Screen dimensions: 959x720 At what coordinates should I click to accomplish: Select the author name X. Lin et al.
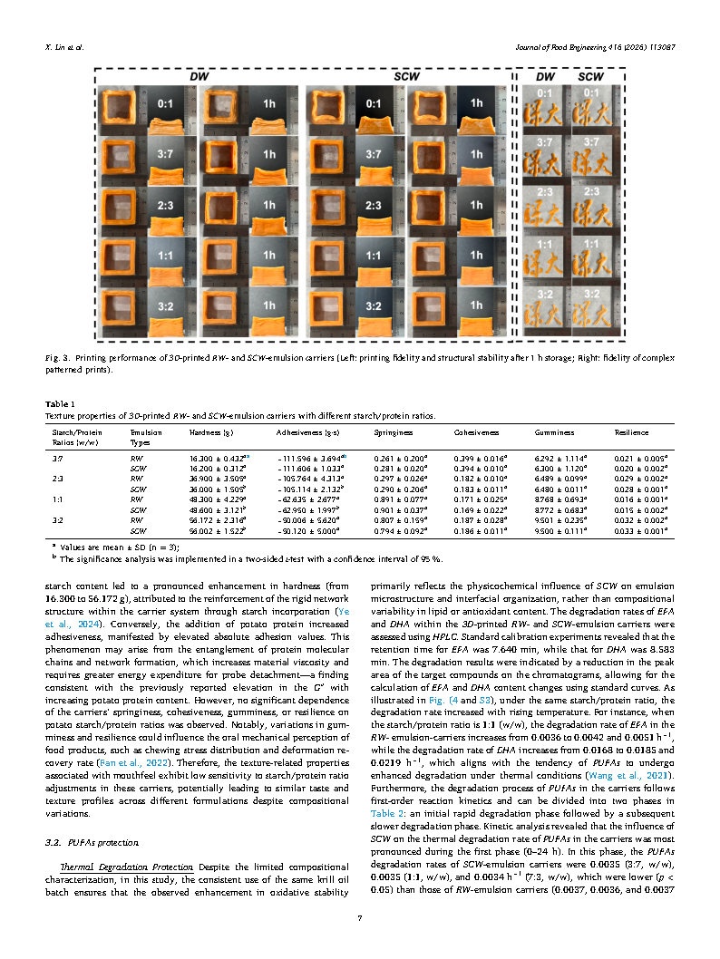[x=64, y=47]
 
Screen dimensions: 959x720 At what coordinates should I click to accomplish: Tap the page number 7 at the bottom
[x=360, y=918]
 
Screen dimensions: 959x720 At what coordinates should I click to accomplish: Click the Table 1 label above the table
[x=60, y=403]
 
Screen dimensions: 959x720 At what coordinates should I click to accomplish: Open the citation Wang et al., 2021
[x=643, y=779]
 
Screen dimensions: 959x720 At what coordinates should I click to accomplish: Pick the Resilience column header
[x=631, y=432]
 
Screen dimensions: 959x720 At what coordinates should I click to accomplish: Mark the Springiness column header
[x=393, y=432]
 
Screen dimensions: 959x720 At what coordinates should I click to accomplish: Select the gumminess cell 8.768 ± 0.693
[x=556, y=499]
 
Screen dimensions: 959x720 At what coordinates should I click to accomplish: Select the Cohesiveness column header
[x=475, y=432]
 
